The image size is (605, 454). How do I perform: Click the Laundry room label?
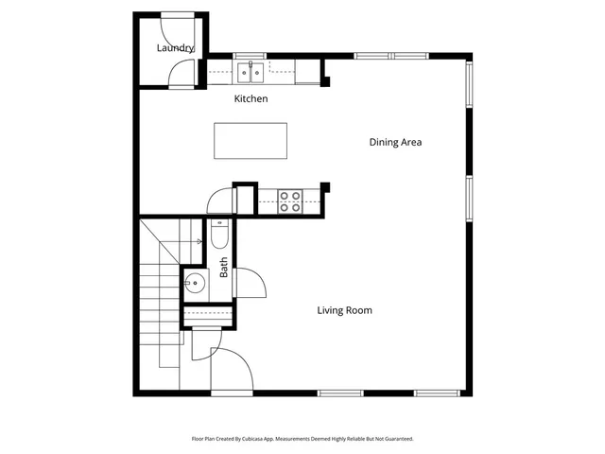click(x=175, y=48)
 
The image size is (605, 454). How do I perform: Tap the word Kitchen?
click(x=251, y=99)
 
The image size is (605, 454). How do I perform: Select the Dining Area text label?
click(x=394, y=143)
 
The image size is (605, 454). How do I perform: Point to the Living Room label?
click(x=344, y=310)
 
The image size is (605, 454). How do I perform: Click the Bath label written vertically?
click(x=224, y=268)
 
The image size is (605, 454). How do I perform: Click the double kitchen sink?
click(x=251, y=69)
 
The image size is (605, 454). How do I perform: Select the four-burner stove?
click(x=290, y=201)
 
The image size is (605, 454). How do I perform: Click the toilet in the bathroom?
click(x=218, y=233)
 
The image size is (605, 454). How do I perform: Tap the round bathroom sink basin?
click(x=195, y=281)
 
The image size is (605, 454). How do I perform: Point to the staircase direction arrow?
click(x=199, y=242)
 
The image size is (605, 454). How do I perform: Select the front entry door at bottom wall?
click(x=232, y=369)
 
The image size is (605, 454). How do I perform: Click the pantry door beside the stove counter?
click(x=219, y=200)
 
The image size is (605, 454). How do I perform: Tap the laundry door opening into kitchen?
click(x=184, y=74)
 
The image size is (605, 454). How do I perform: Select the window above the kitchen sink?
click(x=251, y=56)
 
